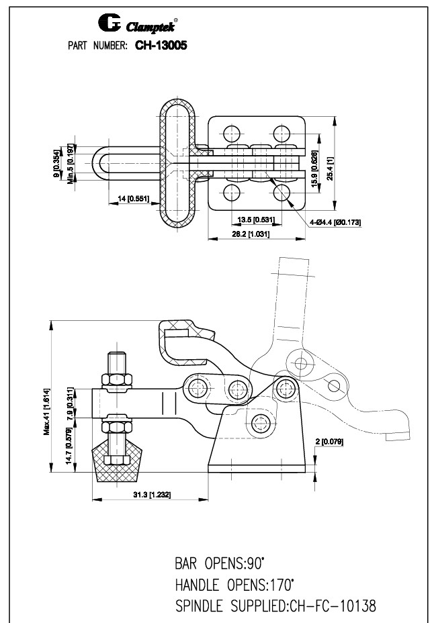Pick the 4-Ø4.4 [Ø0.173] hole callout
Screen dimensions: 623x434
coord(335,221)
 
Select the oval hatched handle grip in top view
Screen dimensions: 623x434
coord(177,162)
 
